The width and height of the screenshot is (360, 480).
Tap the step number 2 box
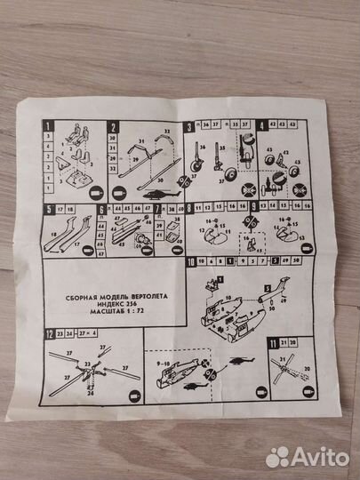pos(114,127)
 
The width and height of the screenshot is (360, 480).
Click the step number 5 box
pos(45,208)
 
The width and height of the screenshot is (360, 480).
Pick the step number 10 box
pos(193,261)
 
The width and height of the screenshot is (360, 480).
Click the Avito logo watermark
pos(307,455)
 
